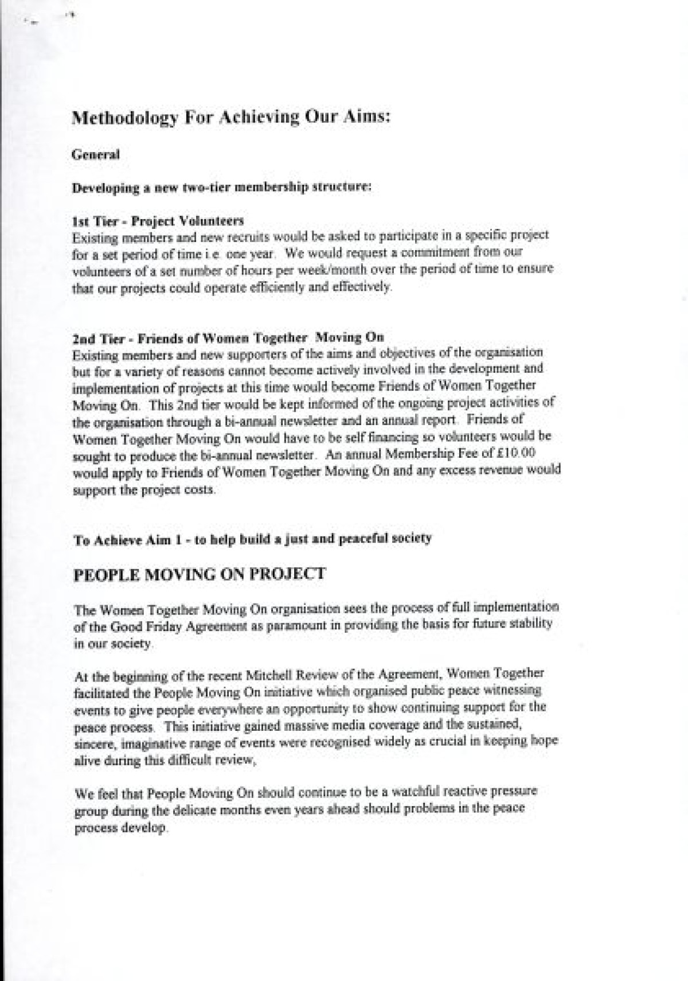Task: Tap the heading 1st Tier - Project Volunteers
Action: [158, 220]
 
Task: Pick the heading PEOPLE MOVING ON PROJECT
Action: [200, 574]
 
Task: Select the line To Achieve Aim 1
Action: [252, 539]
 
